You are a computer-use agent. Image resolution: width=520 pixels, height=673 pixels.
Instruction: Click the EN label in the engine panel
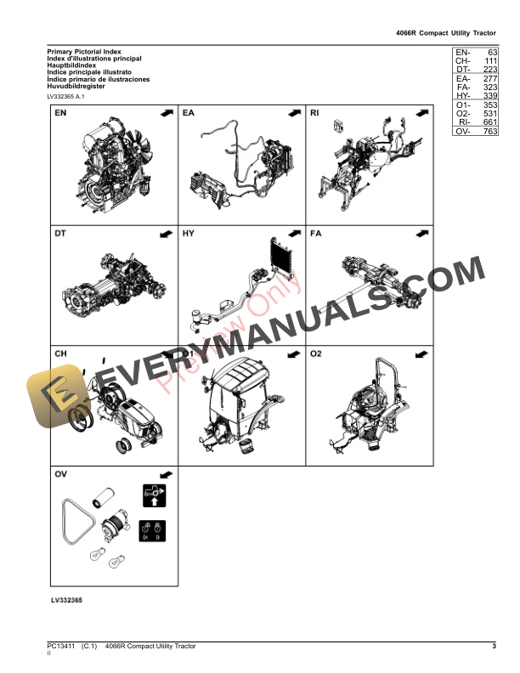pos(62,113)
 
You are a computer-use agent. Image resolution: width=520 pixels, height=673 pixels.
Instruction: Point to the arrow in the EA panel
pos(293,113)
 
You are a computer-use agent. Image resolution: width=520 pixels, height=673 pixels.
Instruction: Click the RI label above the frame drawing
pos(316,113)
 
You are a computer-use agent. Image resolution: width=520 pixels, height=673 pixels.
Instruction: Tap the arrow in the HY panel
pos(293,232)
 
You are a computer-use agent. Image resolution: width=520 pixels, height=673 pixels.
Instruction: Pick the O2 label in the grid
pos(317,353)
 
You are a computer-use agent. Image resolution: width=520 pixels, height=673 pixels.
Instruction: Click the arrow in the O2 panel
pos(420,353)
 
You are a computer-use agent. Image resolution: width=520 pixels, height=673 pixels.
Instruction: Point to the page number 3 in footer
pos(493,648)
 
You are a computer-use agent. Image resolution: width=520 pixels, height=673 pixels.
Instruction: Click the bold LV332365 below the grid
pos(65,600)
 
